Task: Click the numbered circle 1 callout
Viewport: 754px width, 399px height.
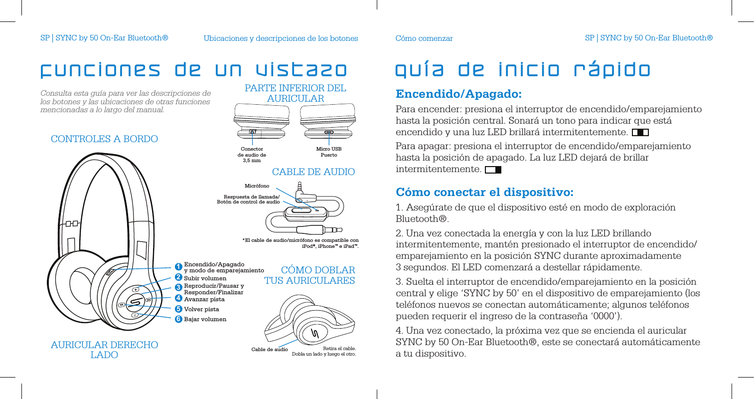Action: [178, 267]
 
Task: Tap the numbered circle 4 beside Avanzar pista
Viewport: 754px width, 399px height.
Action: [178, 299]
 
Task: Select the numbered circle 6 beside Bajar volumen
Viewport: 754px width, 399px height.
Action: [178, 319]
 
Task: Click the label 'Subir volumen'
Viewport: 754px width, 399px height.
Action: [205, 278]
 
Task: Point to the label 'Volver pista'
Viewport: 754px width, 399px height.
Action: [201, 309]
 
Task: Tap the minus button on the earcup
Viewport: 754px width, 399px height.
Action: [135, 315]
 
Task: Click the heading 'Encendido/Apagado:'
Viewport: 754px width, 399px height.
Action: [458, 94]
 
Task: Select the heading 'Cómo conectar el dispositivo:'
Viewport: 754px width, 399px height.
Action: [484, 193]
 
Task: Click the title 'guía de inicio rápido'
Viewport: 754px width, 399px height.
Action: [523, 70]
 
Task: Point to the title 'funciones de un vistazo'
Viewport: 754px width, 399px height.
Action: [193, 70]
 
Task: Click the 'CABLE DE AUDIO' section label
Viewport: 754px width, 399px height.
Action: [313, 172]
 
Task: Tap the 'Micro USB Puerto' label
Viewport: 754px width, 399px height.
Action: [329, 152]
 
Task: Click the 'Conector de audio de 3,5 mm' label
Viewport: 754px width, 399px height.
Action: [252, 155]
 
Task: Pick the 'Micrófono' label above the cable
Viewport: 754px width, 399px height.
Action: [257, 186]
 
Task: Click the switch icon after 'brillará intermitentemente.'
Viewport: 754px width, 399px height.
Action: [640, 133]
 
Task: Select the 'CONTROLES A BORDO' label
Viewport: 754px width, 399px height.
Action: [104, 139]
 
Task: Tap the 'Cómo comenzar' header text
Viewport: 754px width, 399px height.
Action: [424, 38]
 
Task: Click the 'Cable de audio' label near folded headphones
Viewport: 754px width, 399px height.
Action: [270, 350]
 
